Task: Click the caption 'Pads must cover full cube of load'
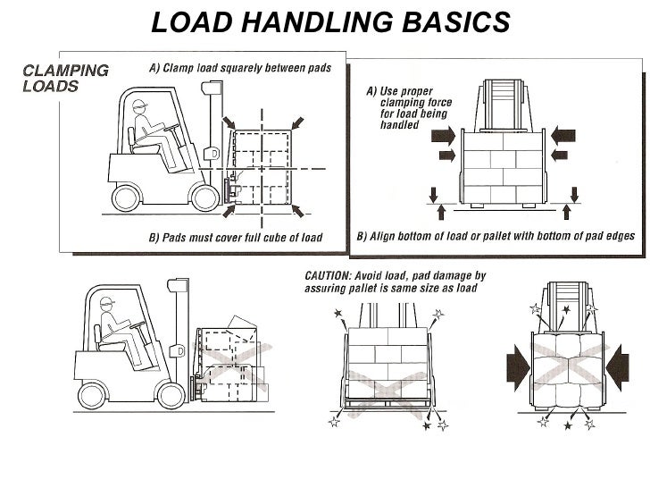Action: [x=234, y=238]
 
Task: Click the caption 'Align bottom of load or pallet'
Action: [x=496, y=238]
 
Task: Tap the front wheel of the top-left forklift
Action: [x=203, y=195]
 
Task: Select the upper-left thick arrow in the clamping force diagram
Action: [x=444, y=136]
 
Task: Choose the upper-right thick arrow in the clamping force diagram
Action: [x=563, y=136]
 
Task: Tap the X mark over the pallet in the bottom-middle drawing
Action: [x=387, y=393]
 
